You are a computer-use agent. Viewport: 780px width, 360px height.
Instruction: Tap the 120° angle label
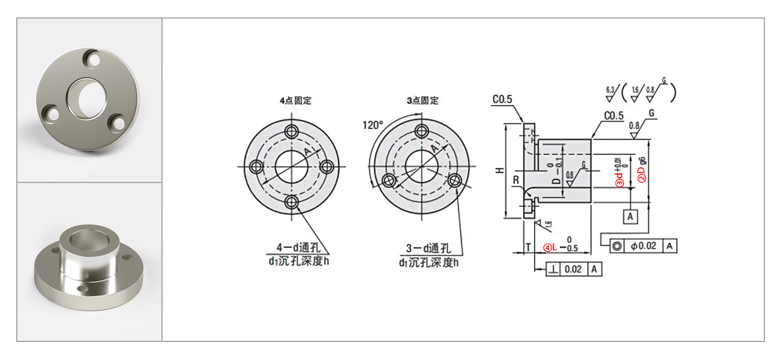(x=372, y=125)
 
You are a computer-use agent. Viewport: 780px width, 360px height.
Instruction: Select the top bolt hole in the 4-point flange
(x=292, y=131)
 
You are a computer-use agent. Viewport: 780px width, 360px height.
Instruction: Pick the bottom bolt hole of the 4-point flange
(x=292, y=203)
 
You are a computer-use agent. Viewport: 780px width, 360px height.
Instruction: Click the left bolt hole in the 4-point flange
(x=256, y=166)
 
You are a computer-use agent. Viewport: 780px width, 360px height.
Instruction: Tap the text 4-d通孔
(x=297, y=247)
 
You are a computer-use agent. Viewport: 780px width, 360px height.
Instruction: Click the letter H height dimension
(x=499, y=171)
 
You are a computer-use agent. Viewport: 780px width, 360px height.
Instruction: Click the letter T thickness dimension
(x=528, y=247)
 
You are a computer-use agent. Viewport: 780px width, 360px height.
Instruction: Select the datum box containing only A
(x=629, y=216)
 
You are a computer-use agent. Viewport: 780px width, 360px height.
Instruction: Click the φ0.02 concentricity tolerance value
(x=644, y=246)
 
